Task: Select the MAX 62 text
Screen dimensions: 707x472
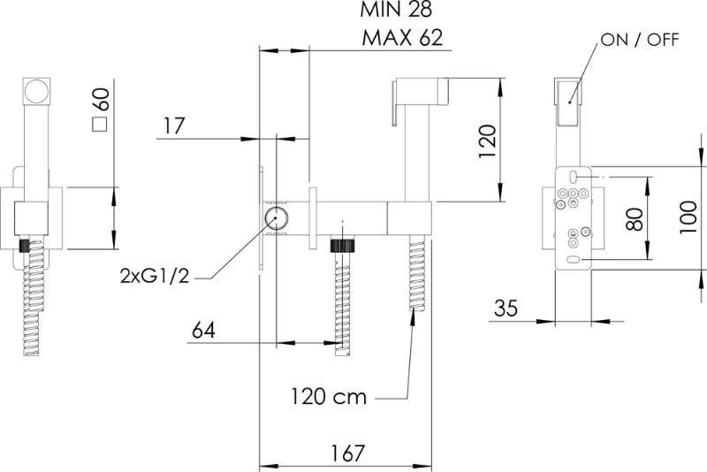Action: click(x=402, y=38)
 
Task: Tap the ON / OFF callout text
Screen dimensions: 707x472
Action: click(x=640, y=40)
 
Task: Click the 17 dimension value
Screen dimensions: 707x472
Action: click(x=173, y=126)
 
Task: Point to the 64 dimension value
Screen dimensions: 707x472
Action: click(x=203, y=330)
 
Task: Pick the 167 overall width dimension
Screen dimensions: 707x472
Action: click(x=347, y=453)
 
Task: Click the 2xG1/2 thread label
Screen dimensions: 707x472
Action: click(x=155, y=275)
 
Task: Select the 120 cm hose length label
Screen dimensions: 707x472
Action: click(x=328, y=397)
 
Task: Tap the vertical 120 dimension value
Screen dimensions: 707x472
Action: click(x=487, y=141)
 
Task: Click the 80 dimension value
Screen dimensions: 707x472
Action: click(x=635, y=219)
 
